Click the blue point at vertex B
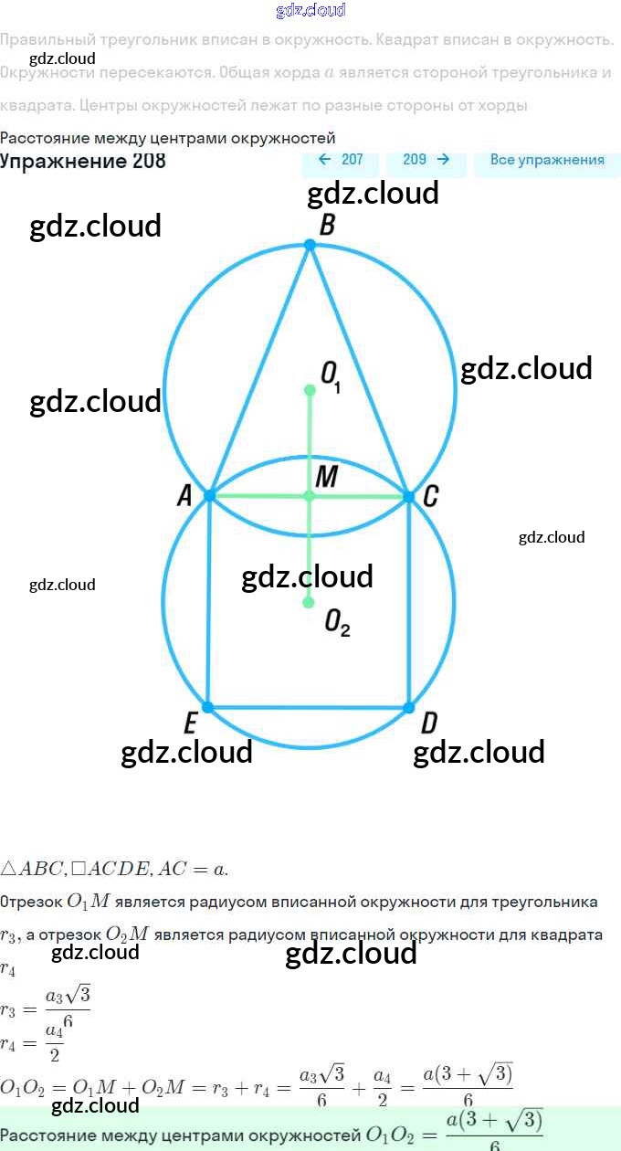coord(310,245)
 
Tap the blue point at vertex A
coord(209,495)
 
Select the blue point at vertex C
coord(408,495)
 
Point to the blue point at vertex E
coord(208,707)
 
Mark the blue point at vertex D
coord(408,707)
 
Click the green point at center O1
coord(310,390)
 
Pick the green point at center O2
coord(309,603)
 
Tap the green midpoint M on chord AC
coord(309,495)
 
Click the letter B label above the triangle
coord(326,225)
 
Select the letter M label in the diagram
coord(327,476)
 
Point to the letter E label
coord(190,724)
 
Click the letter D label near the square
coord(428,724)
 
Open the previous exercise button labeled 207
coord(341,160)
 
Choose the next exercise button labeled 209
coord(426,160)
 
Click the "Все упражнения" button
coord(547,160)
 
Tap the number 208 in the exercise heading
coord(148,161)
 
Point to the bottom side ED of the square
coord(309,707)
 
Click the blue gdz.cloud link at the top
coord(310,11)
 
